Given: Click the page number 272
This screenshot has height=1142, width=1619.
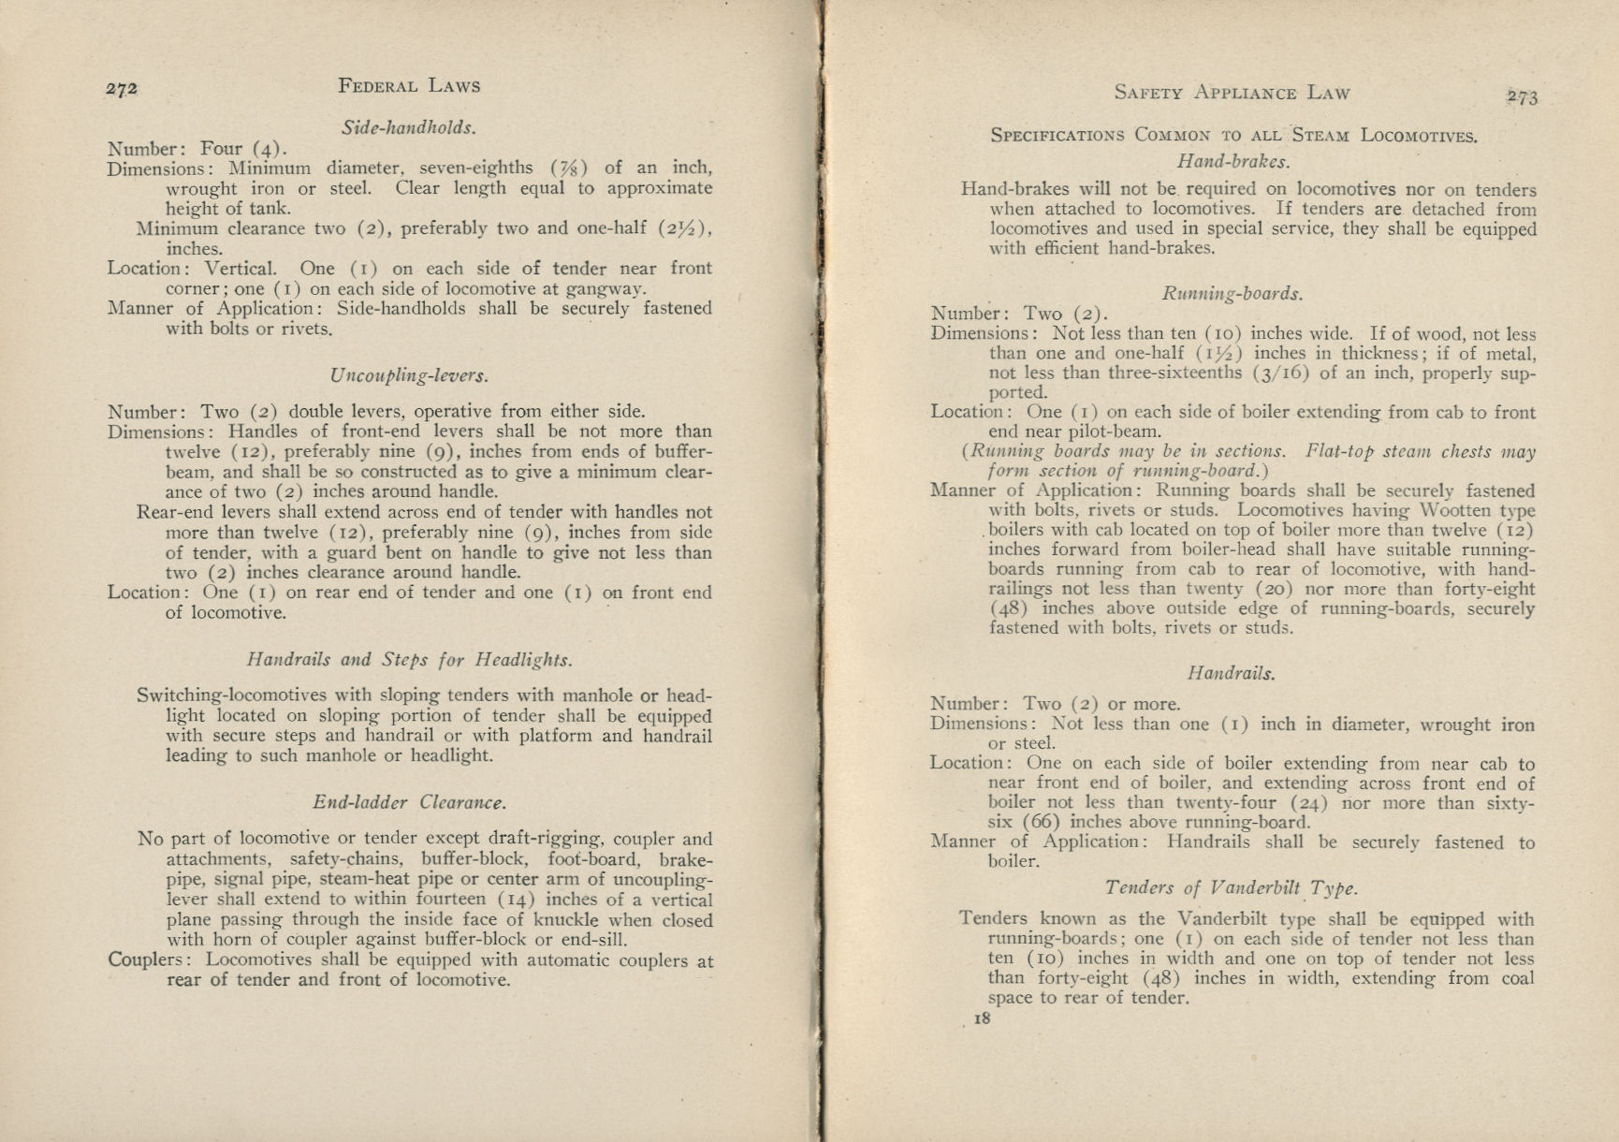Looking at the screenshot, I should click(123, 89).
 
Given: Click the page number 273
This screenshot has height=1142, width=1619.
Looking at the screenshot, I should click(1522, 96).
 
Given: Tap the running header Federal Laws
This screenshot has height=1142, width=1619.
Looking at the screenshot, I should click(409, 86).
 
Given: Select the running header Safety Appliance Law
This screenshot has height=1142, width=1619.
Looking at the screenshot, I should click(1232, 93).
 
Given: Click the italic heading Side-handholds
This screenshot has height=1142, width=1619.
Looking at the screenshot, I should click(409, 126).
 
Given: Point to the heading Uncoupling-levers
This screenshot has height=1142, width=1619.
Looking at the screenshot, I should click(409, 375).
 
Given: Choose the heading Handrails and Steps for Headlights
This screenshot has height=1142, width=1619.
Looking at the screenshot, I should click(409, 659).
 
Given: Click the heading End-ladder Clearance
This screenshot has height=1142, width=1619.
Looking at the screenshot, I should click(409, 802).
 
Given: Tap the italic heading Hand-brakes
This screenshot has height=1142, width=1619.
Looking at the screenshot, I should click(1232, 161).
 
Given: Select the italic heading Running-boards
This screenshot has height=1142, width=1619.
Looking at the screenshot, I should click(1232, 293).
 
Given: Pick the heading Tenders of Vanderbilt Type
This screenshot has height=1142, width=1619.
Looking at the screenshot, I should click(1231, 887).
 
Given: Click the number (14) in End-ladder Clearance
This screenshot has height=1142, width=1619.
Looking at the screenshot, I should click(515, 900).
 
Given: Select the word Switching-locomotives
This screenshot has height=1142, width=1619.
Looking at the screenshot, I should click(231, 695).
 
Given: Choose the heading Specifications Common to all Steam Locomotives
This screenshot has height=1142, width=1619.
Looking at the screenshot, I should click(1233, 135).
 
